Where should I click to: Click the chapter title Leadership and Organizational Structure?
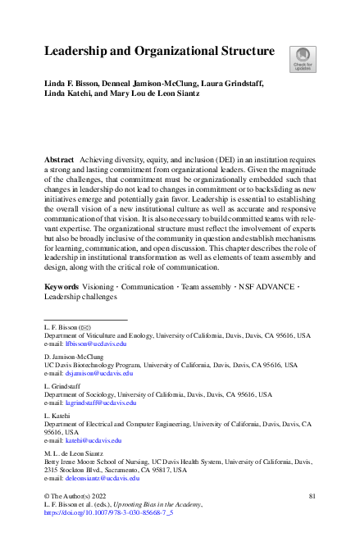(x=159, y=52)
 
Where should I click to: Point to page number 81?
(x=311, y=497)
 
